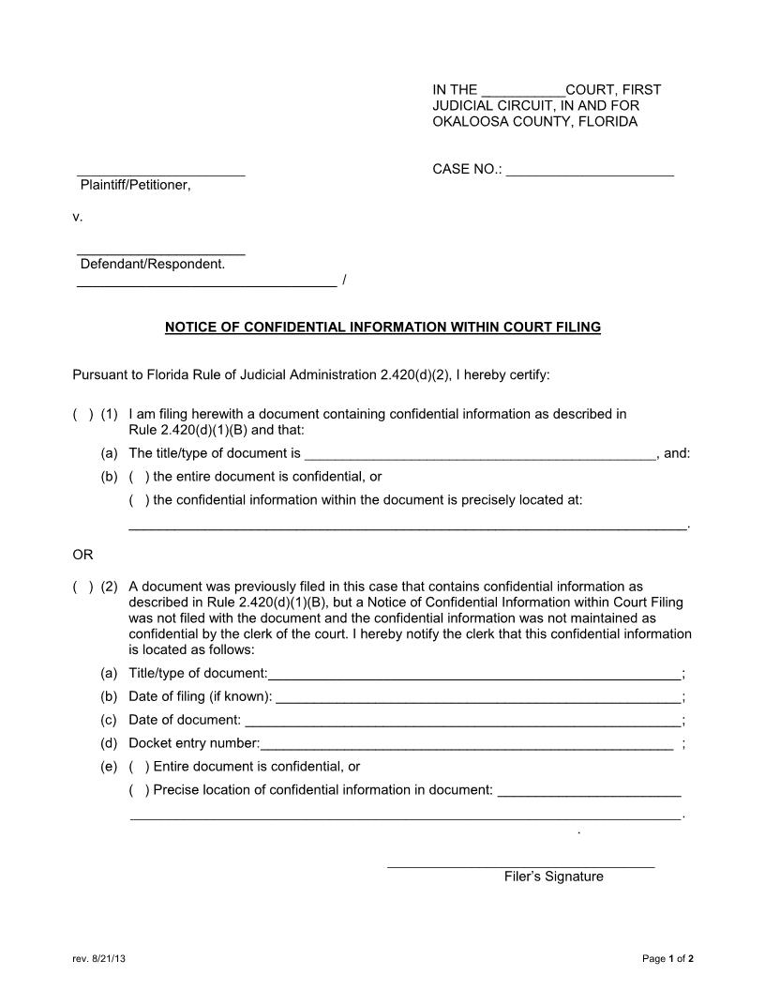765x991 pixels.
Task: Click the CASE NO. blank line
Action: point(590,171)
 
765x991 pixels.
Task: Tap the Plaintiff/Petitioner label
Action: point(135,185)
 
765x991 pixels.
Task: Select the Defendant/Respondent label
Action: point(152,264)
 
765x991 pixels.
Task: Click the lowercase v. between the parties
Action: point(78,217)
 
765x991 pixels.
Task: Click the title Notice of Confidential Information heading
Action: point(382,328)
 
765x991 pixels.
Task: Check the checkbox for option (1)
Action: point(82,414)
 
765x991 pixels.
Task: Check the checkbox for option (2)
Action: point(82,587)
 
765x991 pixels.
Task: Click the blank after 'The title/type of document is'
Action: point(479,454)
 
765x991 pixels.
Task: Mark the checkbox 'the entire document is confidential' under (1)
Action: point(139,477)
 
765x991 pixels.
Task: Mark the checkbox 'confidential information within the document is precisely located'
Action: point(139,500)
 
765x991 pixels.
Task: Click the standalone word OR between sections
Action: point(82,555)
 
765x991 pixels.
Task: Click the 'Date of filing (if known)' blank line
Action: point(478,697)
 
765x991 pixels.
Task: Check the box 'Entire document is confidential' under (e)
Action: point(139,767)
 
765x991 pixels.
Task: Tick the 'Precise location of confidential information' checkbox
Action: point(139,790)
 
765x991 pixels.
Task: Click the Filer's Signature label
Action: point(553,877)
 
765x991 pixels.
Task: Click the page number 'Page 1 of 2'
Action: point(667,959)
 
